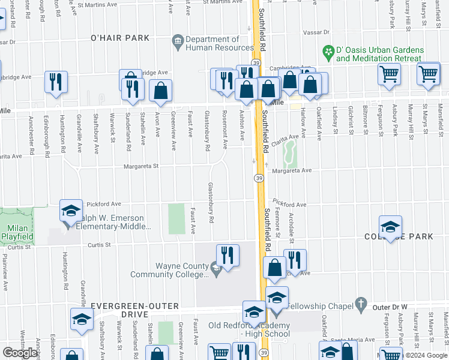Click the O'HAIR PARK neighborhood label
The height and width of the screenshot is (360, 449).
click(119, 38)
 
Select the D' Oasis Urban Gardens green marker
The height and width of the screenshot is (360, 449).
click(328, 52)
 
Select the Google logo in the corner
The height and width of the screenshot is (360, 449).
click(20, 352)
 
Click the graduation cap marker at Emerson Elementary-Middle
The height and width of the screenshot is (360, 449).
click(71, 212)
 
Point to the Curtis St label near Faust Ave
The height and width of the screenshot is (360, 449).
click(100, 245)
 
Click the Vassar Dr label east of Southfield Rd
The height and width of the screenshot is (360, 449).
click(318, 32)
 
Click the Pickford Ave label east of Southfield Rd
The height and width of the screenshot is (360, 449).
click(289, 205)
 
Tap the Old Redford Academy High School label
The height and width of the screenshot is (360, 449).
click(240, 329)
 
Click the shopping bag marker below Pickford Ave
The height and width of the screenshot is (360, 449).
click(275, 269)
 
